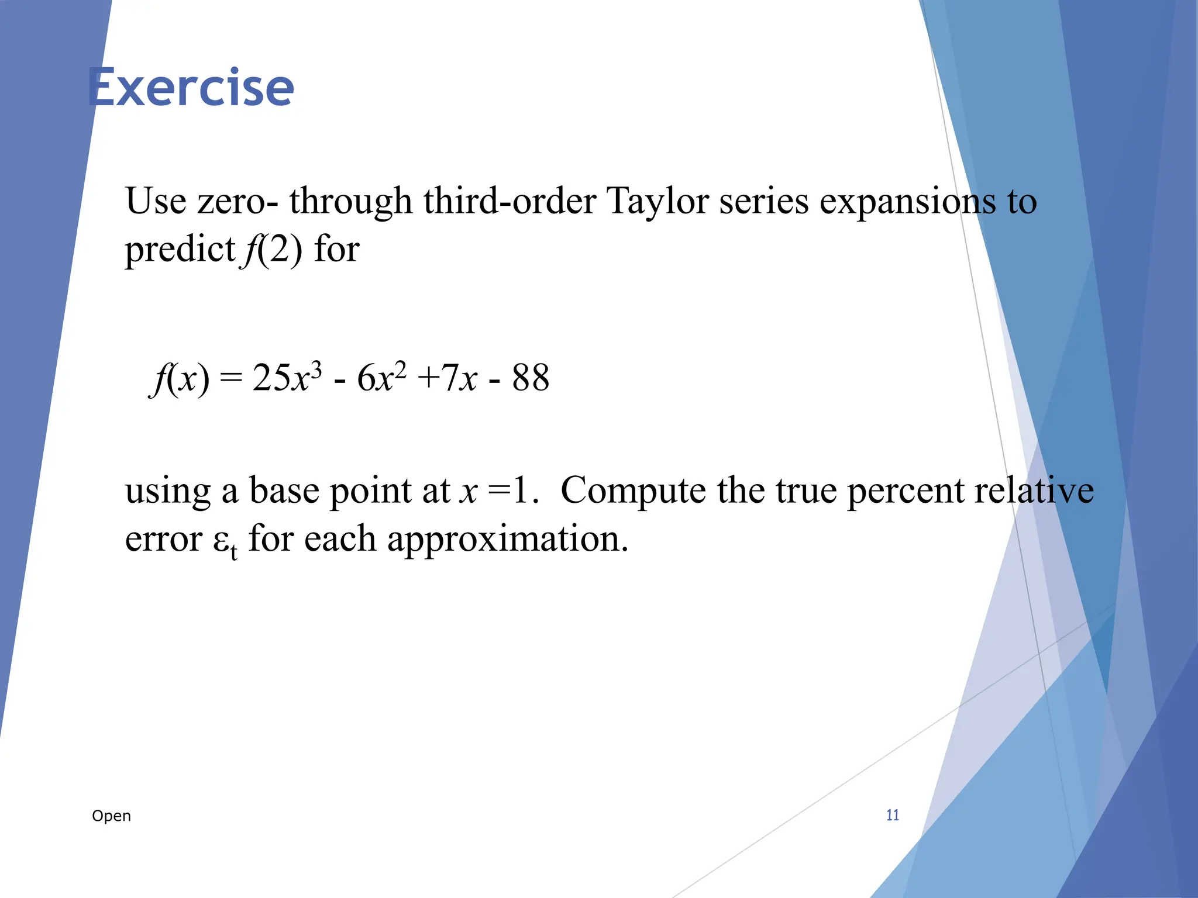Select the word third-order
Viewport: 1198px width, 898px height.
pos(510,201)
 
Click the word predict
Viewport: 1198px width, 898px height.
pos(180,250)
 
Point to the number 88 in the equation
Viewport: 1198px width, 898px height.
pos(531,378)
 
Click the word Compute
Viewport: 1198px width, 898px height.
pos(633,491)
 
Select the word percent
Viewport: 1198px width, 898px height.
pos(905,491)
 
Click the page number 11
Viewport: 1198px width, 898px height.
pos(892,815)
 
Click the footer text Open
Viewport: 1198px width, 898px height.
pos(111,816)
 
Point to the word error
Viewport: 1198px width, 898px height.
pos(163,539)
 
